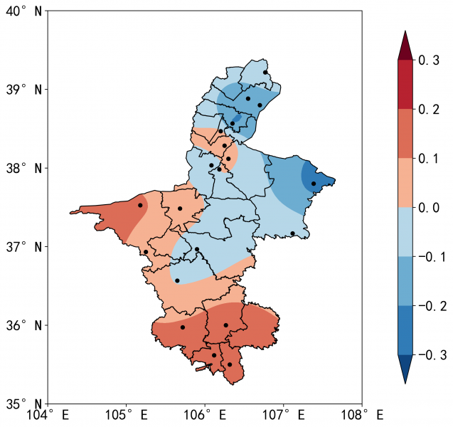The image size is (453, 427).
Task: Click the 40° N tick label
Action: tap(23, 11)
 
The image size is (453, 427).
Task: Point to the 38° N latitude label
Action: tap(23, 168)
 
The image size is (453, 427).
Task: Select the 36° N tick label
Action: tap(23, 325)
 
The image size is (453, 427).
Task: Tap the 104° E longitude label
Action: tap(48, 414)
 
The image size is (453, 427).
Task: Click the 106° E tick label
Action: tap(205, 414)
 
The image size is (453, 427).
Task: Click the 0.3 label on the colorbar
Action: tap(429, 61)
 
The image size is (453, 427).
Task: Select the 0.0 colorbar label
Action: tap(429, 208)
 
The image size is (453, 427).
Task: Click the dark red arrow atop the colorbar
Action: tap(405, 46)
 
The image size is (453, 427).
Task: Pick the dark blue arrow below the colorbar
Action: tap(405, 369)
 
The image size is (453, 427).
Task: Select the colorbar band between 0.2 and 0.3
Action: tap(405, 85)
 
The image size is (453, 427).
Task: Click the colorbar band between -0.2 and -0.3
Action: tap(405, 330)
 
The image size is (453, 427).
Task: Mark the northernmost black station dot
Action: tap(265, 72)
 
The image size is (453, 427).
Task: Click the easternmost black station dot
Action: tap(314, 184)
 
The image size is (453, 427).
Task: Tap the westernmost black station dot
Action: tap(140, 205)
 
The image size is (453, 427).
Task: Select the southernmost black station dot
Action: tap(229, 364)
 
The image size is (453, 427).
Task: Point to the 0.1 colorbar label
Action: tap(429, 159)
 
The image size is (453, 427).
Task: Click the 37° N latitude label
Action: tap(23, 247)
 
